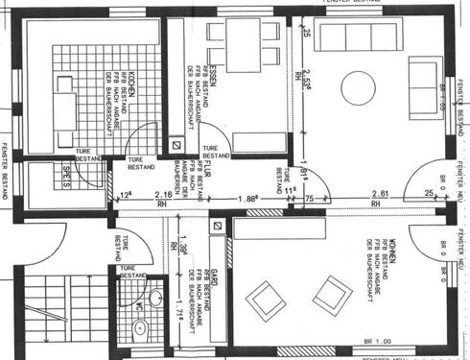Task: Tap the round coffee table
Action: pyautogui.click(x=363, y=87)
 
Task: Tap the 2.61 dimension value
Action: pyautogui.click(x=379, y=195)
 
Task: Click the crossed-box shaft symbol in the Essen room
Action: pyautogui.click(x=175, y=144)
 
